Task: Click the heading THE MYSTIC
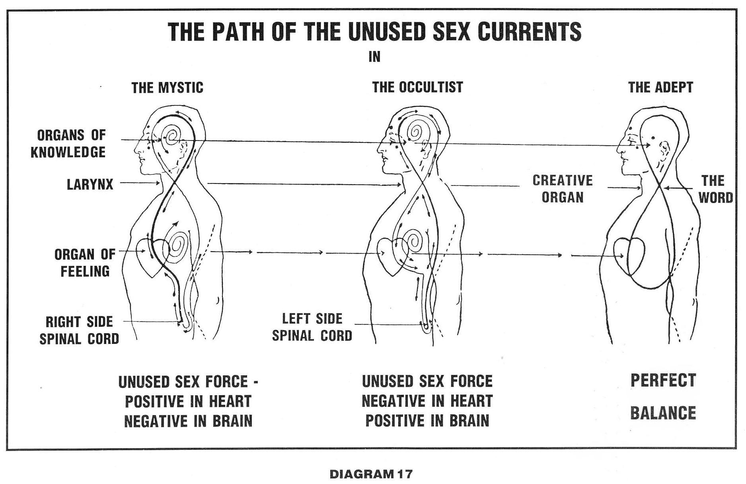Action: tap(167, 88)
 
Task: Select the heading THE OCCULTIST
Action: tap(417, 87)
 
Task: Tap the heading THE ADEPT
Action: tap(660, 87)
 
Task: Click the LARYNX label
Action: tap(90, 184)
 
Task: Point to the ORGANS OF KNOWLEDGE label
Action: tap(68, 144)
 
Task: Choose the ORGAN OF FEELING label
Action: tap(85, 263)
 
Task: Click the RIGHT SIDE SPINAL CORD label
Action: tap(79, 330)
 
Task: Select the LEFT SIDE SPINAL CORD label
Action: tap(312, 327)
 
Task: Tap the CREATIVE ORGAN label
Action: tap(563, 189)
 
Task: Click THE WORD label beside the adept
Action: tap(715, 189)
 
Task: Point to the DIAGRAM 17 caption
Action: tap(371, 474)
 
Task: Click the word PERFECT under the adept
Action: tap(663, 381)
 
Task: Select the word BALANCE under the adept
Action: tap(663, 413)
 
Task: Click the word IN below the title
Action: tap(374, 57)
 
